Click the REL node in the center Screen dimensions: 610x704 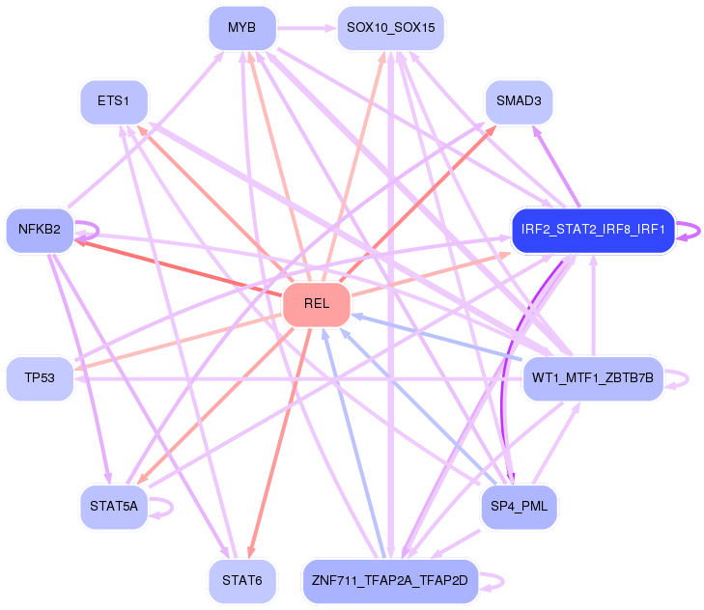[x=316, y=304]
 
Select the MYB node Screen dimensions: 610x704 [x=241, y=28]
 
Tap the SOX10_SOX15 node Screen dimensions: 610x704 [x=390, y=28]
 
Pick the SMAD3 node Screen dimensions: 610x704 [x=519, y=100]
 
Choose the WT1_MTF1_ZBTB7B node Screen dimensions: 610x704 [x=593, y=377]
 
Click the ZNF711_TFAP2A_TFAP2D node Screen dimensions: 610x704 [x=389, y=581]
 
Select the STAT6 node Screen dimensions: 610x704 [x=241, y=581]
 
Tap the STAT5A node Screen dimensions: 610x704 [x=114, y=506]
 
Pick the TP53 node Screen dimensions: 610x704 [x=40, y=377]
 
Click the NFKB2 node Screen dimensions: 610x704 [x=40, y=230]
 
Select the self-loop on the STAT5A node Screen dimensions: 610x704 [x=166, y=507]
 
